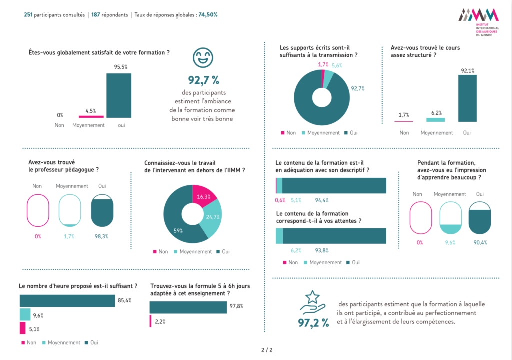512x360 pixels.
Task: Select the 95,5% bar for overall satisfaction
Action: (119, 95)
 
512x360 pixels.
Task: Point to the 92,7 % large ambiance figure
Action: (204, 80)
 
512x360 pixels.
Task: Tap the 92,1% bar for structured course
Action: (467, 98)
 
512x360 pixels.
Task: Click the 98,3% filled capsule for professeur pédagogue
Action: (103, 211)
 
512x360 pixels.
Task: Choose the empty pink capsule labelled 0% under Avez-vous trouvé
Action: (38, 211)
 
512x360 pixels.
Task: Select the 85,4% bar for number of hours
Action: (67, 301)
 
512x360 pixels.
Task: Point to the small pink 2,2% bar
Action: (150, 321)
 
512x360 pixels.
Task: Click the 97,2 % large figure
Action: (314, 323)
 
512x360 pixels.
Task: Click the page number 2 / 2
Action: (267, 350)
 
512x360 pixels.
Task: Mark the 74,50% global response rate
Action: (208, 15)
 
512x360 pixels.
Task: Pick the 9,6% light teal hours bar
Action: (25, 314)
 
